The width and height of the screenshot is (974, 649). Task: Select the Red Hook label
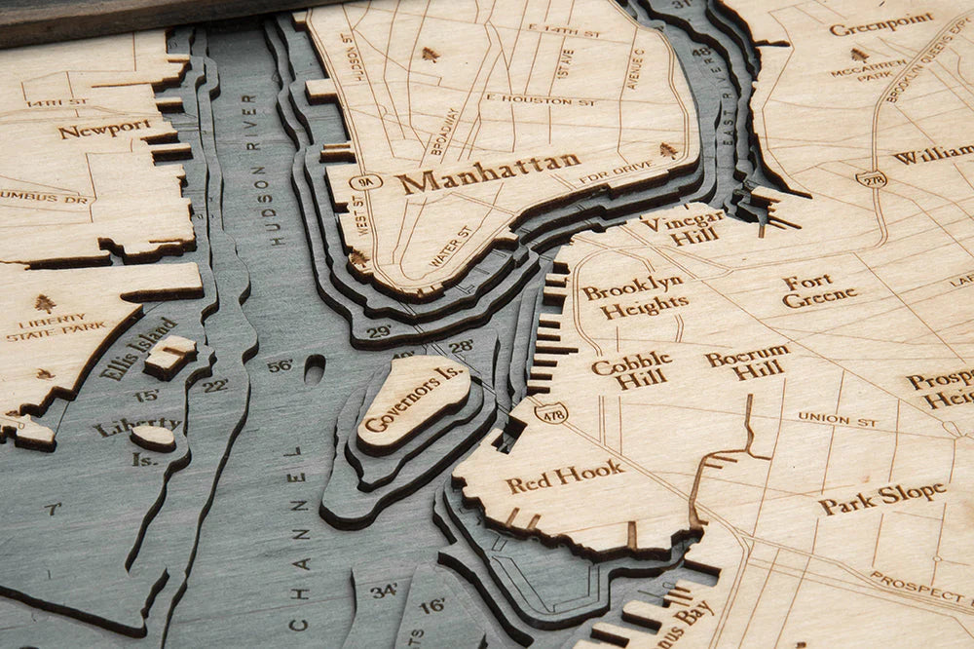tap(564, 476)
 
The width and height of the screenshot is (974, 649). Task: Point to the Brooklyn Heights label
tap(633, 296)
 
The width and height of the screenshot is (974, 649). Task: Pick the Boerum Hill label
tap(748, 363)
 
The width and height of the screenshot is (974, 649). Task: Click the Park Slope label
tap(881, 498)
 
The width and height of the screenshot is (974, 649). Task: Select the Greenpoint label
tap(880, 23)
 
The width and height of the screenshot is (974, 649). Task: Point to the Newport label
tap(104, 128)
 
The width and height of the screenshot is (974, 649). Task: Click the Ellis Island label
tap(139, 347)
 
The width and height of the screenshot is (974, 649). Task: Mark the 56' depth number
tap(280, 366)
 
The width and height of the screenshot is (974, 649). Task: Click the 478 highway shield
tap(550, 413)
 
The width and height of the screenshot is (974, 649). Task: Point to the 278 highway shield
tap(871, 178)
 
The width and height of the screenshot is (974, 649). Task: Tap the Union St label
tap(838, 419)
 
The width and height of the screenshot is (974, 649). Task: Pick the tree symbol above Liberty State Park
tap(45, 302)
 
